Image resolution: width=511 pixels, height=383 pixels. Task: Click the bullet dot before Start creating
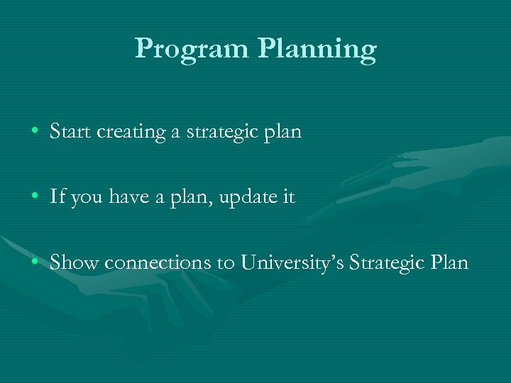35,132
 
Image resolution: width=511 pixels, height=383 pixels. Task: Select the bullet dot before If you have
35,198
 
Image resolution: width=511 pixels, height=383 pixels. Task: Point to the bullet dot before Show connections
35,263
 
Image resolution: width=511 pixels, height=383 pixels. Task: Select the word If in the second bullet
57,197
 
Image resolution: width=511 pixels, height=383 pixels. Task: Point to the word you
87,199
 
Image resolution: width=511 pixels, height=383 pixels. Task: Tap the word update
245,199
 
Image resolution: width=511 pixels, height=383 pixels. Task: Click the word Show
75,262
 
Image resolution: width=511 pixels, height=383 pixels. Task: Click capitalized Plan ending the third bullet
449,262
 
